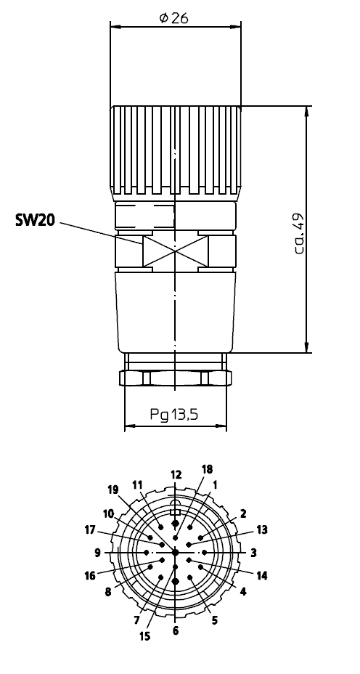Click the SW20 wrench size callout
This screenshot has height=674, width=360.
35,219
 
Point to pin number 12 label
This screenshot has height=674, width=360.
175,474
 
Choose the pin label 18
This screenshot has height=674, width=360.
208,469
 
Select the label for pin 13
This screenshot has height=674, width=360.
261,529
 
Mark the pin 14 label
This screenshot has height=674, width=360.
262,575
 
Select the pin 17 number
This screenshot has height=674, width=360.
90,529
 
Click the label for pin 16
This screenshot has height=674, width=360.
90,575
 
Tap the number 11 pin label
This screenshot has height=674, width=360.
138,484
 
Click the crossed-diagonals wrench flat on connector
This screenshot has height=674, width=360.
175,251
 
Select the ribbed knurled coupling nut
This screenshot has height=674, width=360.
175,153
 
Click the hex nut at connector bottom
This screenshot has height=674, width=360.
175,378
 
